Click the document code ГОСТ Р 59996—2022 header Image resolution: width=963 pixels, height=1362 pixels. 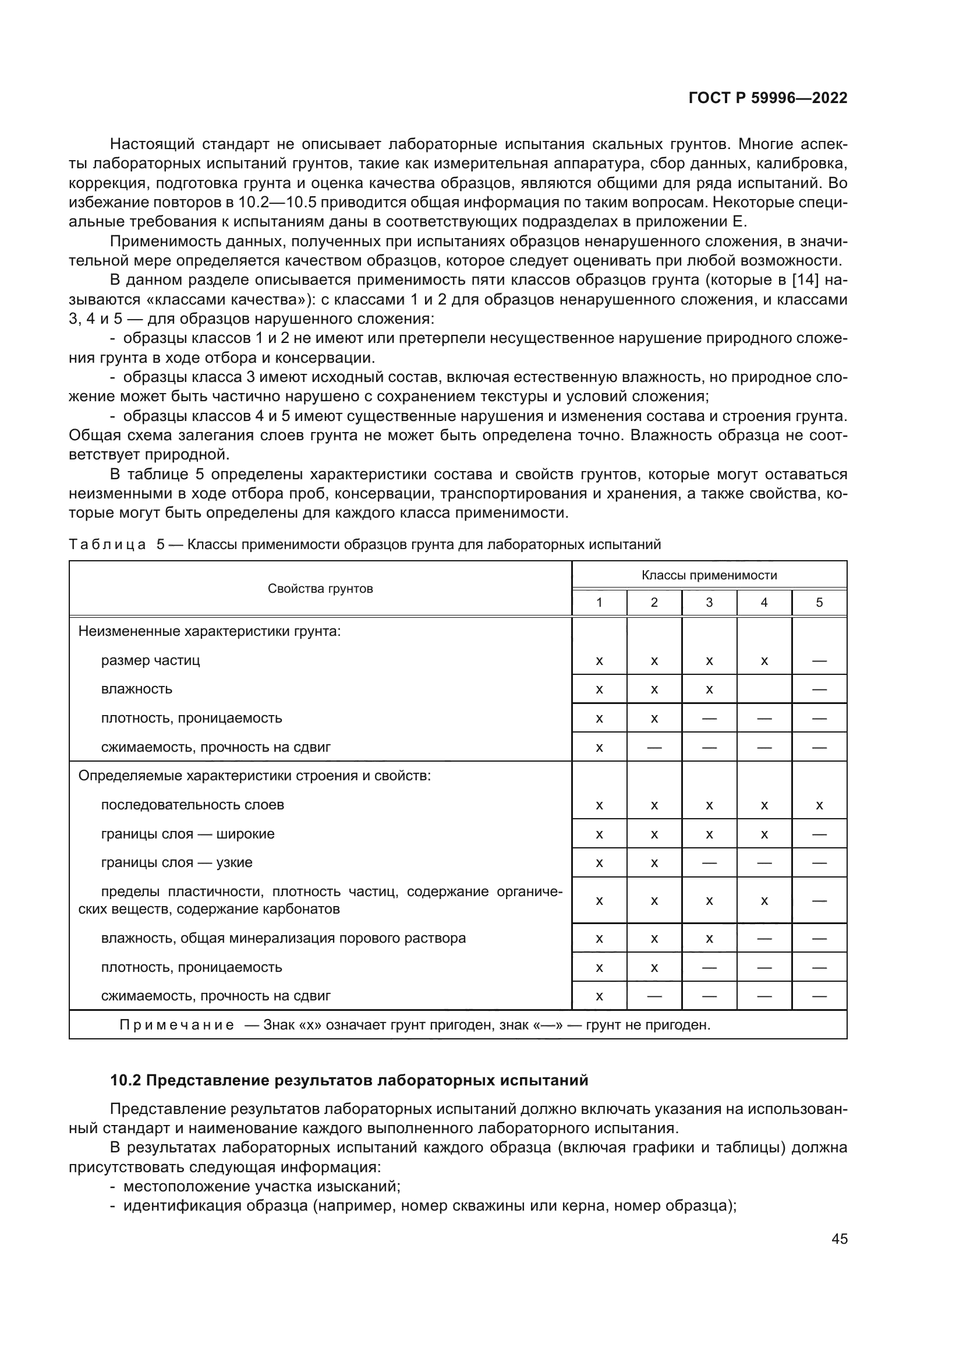point(767,98)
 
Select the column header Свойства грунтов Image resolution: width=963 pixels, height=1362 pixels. point(320,589)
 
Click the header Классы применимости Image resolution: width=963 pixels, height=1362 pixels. point(709,575)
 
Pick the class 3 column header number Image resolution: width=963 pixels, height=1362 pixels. point(709,603)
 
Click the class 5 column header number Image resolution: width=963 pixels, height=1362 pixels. point(819,603)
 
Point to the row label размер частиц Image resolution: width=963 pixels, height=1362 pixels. point(151,660)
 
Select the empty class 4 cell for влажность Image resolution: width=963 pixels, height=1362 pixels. point(764,689)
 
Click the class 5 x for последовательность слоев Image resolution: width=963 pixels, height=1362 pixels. point(819,805)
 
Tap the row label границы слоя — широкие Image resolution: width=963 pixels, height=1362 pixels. point(187,834)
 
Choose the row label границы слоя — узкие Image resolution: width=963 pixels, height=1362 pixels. point(177,862)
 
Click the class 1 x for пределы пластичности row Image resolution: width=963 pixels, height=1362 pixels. point(599,900)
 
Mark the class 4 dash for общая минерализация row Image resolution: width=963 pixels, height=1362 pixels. point(764,939)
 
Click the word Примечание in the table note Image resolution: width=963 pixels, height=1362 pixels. point(177,1025)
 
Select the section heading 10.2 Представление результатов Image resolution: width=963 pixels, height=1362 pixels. point(349,1080)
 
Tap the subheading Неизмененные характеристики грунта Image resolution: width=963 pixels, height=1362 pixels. point(210,631)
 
